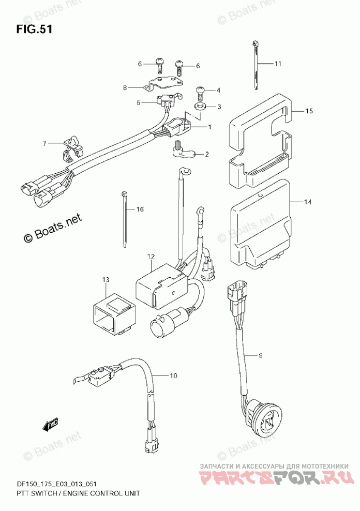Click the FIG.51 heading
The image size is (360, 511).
(x=34, y=29)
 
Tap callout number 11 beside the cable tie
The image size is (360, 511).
(x=278, y=64)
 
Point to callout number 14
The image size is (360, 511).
(x=308, y=202)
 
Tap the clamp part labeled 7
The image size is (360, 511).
(x=72, y=149)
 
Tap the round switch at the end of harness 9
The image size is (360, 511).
(x=264, y=413)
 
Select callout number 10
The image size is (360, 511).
(x=173, y=376)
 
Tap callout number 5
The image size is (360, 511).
(x=139, y=102)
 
